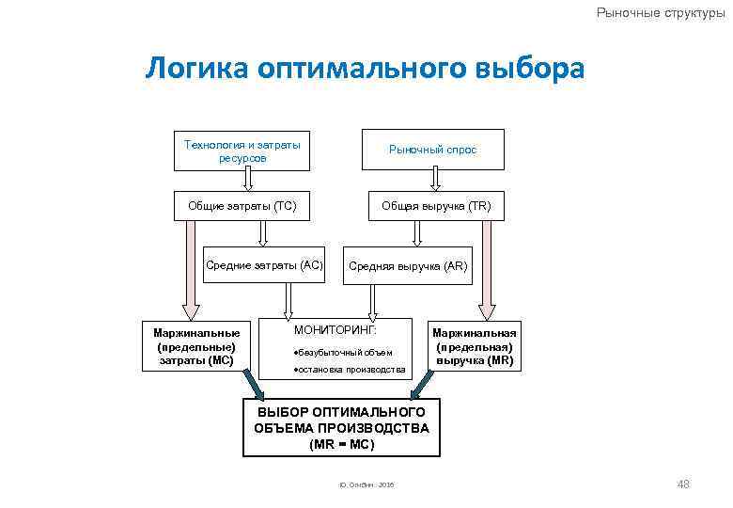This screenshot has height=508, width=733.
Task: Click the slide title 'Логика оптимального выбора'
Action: [365, 69]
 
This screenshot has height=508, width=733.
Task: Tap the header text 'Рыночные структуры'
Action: [661, 12]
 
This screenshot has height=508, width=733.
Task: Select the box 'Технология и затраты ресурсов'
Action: [242, 150]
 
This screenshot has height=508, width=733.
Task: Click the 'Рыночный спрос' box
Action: [433, 150]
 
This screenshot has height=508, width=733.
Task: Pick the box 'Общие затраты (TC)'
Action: [242, 206]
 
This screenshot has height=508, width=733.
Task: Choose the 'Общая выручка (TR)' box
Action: [435, 206]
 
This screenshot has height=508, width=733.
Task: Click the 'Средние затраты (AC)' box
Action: [264, 266]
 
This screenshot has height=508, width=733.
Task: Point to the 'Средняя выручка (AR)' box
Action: [408, 266]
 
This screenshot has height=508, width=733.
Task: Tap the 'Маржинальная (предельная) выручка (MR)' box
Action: [475, 345]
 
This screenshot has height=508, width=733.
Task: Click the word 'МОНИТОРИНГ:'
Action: [335, 331]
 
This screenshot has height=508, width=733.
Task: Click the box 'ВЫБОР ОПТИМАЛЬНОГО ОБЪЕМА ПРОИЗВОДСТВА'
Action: [340, 421]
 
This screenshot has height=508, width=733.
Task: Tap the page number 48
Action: [683, 484]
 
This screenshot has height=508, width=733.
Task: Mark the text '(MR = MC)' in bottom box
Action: [341, 444]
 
